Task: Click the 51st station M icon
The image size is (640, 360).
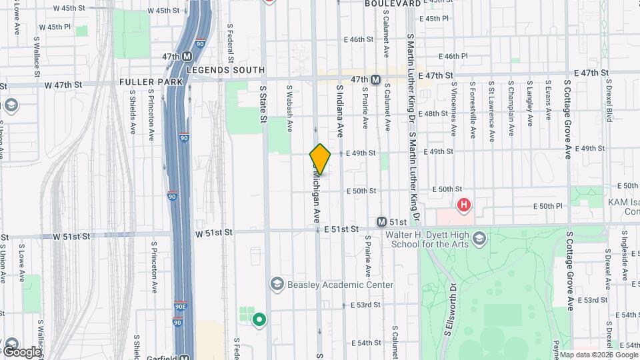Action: pos(381,221)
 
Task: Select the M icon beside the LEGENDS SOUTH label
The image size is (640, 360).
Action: pos(187,57)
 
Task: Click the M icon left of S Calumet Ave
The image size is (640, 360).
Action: pos(375,80)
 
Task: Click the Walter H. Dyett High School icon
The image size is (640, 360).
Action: pos(479,239)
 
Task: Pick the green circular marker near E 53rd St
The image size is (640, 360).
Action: pos(259,320)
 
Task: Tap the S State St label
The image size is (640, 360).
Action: pos(263,103)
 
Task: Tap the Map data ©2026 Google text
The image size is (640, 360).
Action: pos(598,355)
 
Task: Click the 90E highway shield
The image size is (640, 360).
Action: pos(181,307)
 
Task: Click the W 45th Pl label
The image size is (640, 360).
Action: pos(55,27)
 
